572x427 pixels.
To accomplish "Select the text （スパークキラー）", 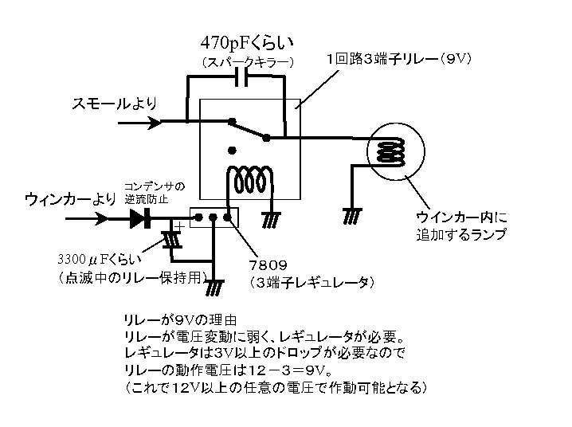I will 248,61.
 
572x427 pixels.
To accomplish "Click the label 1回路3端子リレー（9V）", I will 399,59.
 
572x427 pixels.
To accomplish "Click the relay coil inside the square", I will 248,177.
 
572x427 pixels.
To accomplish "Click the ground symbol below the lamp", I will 351,213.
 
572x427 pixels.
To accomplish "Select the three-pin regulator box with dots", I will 214,217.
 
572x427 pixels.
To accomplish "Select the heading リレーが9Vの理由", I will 172,316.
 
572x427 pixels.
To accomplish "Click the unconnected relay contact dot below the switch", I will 232,149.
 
